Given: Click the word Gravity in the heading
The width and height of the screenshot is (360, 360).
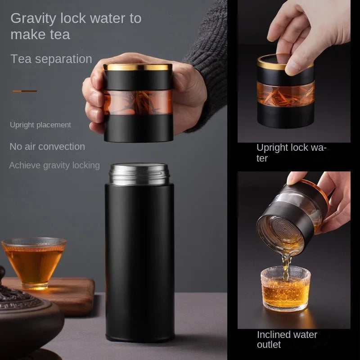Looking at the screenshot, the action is pyautogui.click(x=33, y=19).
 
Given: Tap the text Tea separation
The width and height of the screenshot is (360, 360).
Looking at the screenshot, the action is pyautogui.click(x=51, y=59).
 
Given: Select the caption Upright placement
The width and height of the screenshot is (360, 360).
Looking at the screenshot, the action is pyautogui.click(x=40, y=125).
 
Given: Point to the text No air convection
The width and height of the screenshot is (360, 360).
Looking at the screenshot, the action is pyautogui.click(x=47, y=147).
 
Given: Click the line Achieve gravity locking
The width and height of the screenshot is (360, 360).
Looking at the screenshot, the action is pyautogui.click(x=54, y=165).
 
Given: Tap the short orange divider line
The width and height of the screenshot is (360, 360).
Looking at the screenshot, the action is pyautogui.click(x=25, y=91).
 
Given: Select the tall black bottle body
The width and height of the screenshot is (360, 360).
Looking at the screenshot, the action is pyautogui.click(x=139, y=262).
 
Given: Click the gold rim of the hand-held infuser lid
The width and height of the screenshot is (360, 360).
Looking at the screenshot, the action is pyautogui.click(x=138, y=67).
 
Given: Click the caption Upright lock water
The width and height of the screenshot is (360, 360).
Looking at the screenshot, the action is pyautogui.click(x=291, y=153).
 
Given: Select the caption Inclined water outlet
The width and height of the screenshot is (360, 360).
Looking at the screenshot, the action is pyautogui.click(x=287, y=339).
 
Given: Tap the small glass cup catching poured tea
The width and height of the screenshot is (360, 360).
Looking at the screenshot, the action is pyautogui.click(x=286, y=288).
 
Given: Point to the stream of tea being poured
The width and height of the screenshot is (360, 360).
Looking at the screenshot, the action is pyautogui.click(x=286, y=266).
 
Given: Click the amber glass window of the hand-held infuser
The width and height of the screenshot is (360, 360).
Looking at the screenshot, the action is pyautogui.click(x=138, y=102).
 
